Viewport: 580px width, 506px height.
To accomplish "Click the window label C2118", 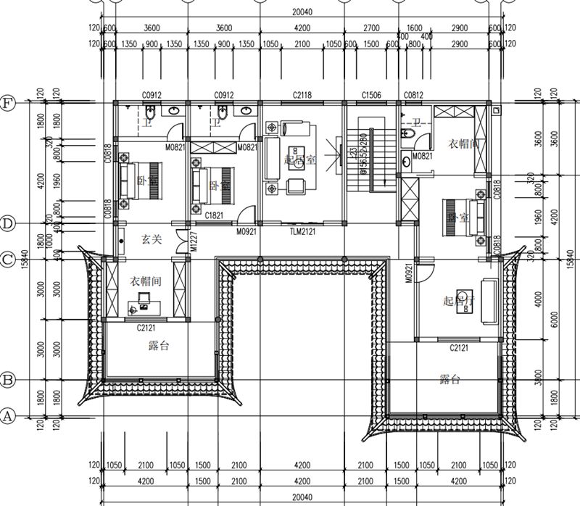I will coord(302,95).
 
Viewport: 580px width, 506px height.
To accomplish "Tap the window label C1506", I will coord(371,95).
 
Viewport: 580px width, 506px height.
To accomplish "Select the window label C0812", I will coord(413,95).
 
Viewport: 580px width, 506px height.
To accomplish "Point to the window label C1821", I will coord(213,215).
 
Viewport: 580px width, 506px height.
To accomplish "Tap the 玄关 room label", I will coord(151,238).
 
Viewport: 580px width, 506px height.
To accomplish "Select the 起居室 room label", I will coord(299,160).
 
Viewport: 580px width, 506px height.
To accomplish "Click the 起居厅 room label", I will coord(458,300).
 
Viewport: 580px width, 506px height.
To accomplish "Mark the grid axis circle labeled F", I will coord(8,102).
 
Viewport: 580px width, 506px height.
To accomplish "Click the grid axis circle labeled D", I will coord(8,223).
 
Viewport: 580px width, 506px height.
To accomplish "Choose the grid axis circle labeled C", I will coord(8,258).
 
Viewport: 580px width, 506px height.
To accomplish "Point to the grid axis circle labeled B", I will coord(8,380).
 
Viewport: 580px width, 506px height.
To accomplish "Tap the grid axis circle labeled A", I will coord(8,416).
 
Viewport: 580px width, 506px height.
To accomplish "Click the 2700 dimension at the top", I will coord(371,29).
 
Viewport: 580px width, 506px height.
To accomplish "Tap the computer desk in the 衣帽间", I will coord(140,304).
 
